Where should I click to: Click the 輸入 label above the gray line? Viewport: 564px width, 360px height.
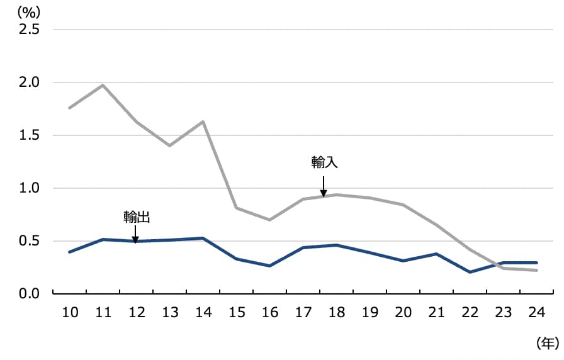(x=325, y=162)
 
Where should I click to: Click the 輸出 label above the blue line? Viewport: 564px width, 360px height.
(x=136, y=217)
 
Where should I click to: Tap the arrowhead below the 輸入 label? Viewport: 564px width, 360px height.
(x=324, y=193)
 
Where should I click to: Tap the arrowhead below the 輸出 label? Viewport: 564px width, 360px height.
(x=136, y=239)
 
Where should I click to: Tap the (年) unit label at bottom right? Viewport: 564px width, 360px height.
(x=546, y=342)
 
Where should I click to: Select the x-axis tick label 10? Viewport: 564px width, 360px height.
(x=70, y=313)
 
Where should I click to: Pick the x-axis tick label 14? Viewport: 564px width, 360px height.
(x=203, y=313)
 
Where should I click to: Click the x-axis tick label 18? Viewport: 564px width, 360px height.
(x=336, y=313)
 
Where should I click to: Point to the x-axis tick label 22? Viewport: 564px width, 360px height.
(x=470, y=313)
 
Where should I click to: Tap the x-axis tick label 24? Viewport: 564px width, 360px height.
(x=536, y=313)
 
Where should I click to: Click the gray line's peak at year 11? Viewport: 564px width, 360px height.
(x=103, y=85)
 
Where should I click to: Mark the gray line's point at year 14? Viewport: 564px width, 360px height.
(x=203, y=121)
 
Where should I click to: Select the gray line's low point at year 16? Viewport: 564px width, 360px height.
(x=269, y=220)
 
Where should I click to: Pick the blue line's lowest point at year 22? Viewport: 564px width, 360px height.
(x=470, y=272)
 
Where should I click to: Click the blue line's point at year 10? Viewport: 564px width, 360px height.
(x=70, y=252)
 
